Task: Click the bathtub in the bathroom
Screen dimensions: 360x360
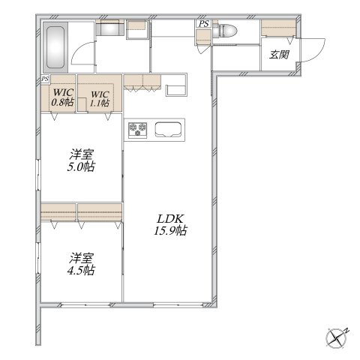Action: [x=55, y=47]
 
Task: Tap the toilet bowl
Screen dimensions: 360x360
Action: [x=225, y=31]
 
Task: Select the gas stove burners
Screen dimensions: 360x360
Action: [x=138, y=130]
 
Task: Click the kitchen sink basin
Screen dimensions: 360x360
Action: [x=168, y=130]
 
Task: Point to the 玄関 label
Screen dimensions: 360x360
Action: [x=279, y=55]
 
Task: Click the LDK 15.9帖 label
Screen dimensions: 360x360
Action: [x=170, y=224]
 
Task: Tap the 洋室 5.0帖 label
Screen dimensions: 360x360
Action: [x=82, y=160]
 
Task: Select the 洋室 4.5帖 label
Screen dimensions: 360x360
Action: [x=81, y=264]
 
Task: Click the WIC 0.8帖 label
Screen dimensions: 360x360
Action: [x=63, y=97]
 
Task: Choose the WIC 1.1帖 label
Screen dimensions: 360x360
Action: [x=100, y=99]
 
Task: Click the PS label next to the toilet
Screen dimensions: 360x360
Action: [x=204, y=24]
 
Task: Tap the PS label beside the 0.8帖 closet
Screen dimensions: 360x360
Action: [x=45, y=79]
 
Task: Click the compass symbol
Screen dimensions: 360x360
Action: [x=337, y=338]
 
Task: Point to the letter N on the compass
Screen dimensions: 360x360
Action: [x=346, y=330]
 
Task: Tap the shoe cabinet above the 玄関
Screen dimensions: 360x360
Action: [x=279, y=28]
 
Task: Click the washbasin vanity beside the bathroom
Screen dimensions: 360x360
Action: [x=110, y=28]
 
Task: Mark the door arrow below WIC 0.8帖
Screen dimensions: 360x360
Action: [x=54, y=116]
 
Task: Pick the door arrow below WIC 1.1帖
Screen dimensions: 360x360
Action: [x=108, y=116]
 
